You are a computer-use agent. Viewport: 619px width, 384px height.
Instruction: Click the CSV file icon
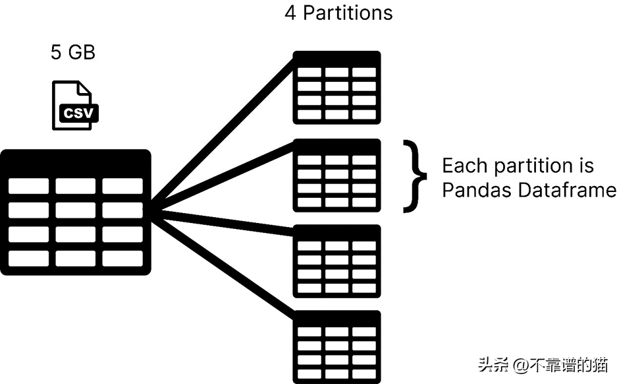[74, 106]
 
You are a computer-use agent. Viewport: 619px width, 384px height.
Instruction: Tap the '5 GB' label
[72, 53]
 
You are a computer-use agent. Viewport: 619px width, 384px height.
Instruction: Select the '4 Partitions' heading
[338, 13]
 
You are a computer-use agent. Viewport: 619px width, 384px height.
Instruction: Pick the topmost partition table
[336, 87]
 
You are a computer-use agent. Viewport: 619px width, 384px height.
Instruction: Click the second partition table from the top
[336, 174]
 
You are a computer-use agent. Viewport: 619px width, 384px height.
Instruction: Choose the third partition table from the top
[336, 261]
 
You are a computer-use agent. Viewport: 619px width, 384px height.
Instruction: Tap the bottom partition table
[336, 346]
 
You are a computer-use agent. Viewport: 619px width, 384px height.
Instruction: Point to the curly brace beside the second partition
[412, 176]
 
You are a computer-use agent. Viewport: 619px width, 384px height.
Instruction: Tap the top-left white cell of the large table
[28, 186]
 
